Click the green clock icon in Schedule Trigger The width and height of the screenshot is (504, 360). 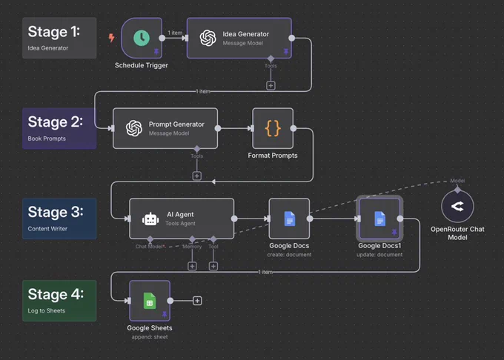[x=142, y=38]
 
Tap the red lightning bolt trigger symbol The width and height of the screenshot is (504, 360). [x=111, y=38]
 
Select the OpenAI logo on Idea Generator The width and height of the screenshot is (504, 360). [x=208, y=38]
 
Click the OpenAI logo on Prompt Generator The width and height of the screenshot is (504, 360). [x=134, y=128]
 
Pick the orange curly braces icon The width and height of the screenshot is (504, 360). [x=273, y=128]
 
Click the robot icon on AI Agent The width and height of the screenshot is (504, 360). [x=150, y=219]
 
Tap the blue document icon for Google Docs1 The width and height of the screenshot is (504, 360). [x=379, y=219]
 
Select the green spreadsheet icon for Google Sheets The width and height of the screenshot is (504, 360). [x=150, y=301]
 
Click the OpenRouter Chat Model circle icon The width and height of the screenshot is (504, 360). [x=457, y=206]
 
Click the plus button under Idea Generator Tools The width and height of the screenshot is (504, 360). [x=271, y=86]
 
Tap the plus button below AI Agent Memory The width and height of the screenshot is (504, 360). [x=192, y=266]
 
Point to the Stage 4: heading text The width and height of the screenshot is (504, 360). [x=56, y=294]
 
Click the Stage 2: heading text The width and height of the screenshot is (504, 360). [x=56, y=122]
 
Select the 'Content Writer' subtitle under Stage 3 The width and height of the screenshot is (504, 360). [x=47, y=229]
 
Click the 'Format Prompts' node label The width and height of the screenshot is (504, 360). [x=273, y=156]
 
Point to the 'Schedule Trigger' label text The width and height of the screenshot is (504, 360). [x=142, y=65]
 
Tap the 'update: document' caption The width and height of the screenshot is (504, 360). [x=379, y=255]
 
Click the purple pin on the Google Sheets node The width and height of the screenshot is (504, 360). [x=165, y=314]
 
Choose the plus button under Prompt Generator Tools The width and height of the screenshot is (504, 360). [x=196, y=176]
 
